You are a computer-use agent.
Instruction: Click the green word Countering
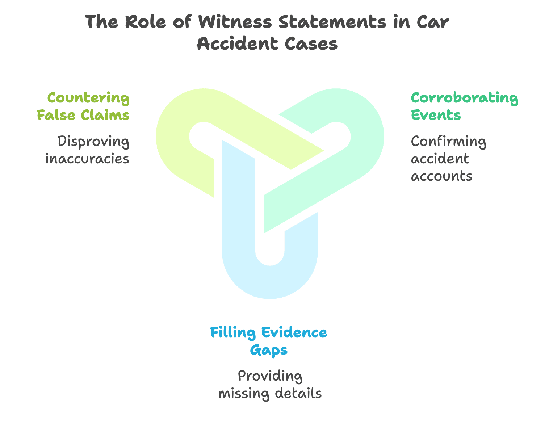tap(88, 98)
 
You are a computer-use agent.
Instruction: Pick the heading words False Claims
tap(83, 115)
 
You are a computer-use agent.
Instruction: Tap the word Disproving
tap(93, 142)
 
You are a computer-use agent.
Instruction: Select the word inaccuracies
tap(87, 159)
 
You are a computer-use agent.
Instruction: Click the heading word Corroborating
tap(465, 98)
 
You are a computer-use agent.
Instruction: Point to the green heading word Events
tap(436, 115)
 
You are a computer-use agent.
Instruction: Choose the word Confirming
tap(448, 142)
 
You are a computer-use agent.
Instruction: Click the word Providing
tap(270, 376)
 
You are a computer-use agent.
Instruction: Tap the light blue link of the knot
tap(270, 282)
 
